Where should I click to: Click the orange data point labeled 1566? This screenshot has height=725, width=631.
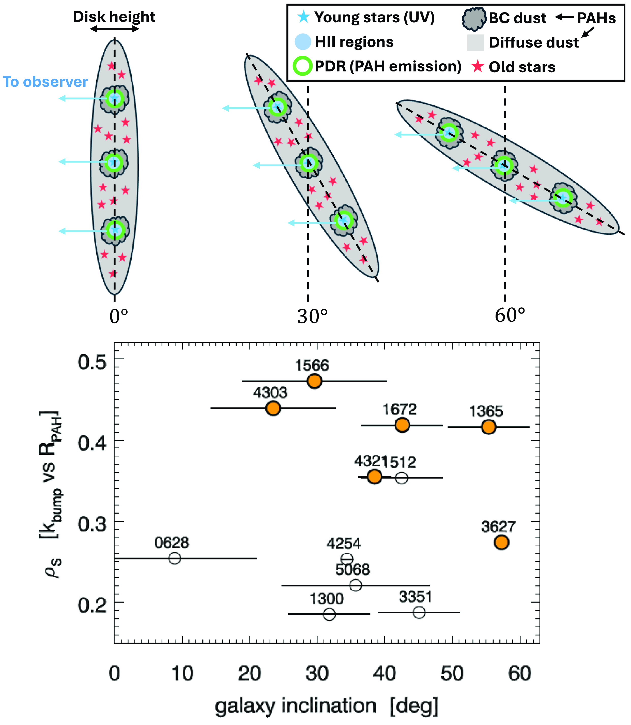tap(314, 381)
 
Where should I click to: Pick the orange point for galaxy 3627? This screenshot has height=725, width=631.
tap(501, 542)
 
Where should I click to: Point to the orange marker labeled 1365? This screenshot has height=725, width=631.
tap(489, 427)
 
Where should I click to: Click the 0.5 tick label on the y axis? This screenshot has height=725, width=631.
tap(92, 362)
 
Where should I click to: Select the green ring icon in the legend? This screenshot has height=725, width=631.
tap(302, 66)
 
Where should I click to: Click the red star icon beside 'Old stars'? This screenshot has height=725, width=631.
tap(478, 66)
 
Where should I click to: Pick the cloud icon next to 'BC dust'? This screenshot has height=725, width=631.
tap(474, 19)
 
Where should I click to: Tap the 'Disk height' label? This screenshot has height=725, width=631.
tap(114, 17)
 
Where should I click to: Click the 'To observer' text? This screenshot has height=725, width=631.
tap(45, 82)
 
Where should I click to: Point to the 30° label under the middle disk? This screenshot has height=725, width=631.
tap(313, 316)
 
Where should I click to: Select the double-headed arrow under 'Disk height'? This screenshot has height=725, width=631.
tap(114, 29)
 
